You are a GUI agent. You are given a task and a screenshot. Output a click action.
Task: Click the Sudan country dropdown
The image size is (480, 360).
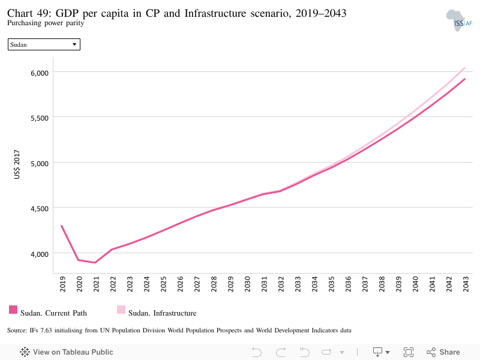(44, 44)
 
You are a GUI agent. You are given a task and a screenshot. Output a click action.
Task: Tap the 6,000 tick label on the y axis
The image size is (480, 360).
(40, 73)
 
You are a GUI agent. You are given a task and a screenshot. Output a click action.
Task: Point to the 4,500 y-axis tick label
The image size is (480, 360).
(40, 209)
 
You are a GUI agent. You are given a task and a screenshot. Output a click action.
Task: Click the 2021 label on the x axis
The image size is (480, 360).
(96, 284)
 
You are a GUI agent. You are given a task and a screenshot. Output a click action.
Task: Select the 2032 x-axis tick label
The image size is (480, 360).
(281, 284)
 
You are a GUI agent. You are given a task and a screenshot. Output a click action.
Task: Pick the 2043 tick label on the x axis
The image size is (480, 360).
(466, 284)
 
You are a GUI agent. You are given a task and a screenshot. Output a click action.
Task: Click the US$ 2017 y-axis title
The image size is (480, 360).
(17, 164)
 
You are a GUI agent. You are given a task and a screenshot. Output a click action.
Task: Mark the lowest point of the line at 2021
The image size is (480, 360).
(95, 263)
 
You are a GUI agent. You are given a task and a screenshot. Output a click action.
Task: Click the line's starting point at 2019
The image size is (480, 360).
(62, 226)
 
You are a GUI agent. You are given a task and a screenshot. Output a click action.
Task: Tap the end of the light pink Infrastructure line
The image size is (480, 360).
(464, 68)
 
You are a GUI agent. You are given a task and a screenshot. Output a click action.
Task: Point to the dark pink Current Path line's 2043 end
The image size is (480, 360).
(464, 79)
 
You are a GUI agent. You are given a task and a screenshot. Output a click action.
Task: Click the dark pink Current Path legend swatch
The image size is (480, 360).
(13, 310)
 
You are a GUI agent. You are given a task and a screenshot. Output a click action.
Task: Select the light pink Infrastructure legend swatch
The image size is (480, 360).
(121, 310)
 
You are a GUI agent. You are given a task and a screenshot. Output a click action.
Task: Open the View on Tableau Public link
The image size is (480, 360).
(67, 352)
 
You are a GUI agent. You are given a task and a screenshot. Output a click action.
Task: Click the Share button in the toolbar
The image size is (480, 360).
(443, 352)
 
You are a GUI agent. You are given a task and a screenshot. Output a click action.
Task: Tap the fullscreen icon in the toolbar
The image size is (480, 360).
(409, 352)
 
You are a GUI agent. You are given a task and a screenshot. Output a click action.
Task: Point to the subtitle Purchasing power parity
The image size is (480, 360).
(46, 23)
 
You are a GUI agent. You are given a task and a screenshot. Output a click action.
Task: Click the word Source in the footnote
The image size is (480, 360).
(17, 331)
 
